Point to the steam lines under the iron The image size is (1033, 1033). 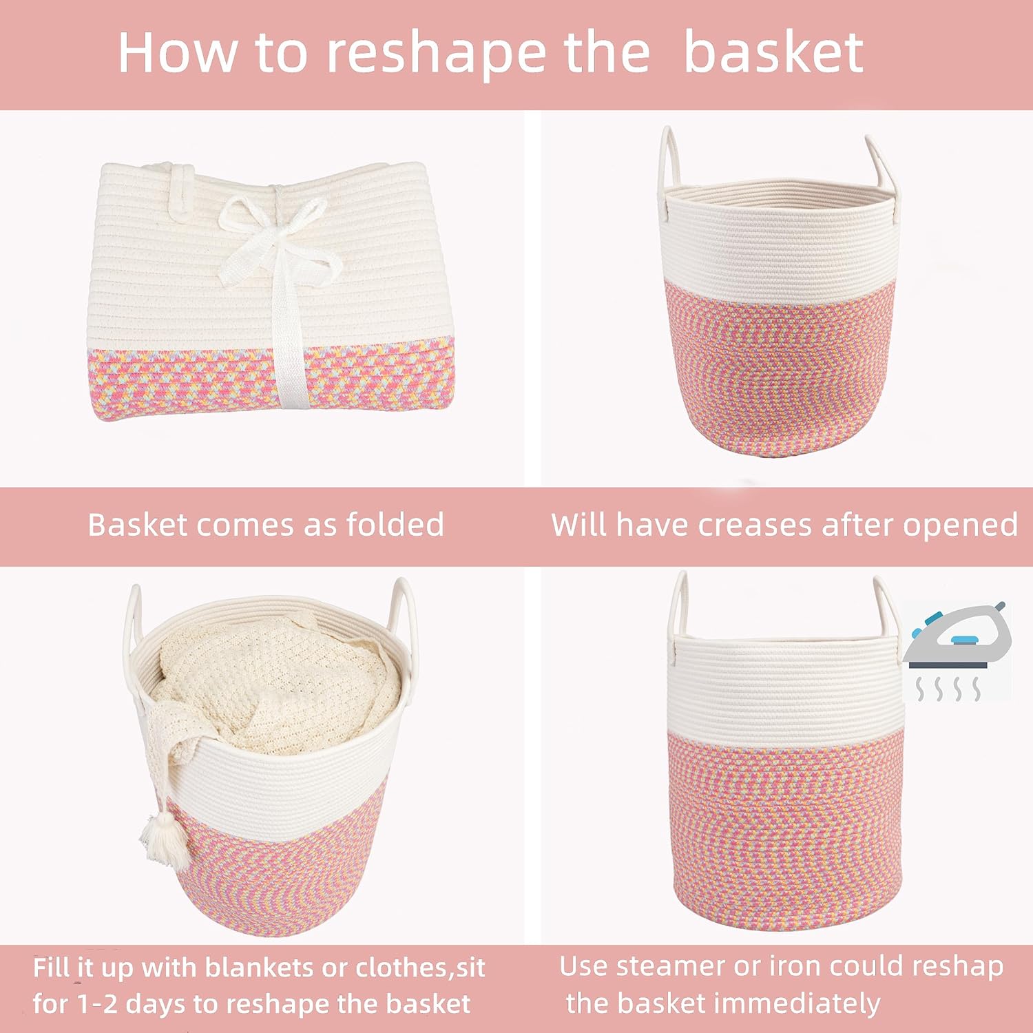(948, 688)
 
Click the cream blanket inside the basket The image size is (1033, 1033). (275, 689)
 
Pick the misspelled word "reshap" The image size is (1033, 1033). (957, 968)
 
